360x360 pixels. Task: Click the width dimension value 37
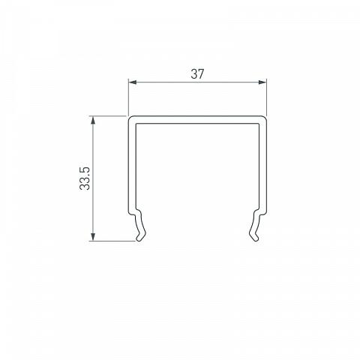(x=197, y=74)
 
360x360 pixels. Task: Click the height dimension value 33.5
(x=85, y=178)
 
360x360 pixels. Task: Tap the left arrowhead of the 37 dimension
(x=133, y=82)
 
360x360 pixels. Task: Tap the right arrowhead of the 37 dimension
(x=262, y=82)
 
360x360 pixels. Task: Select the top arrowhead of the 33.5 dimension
(x=93, y=120)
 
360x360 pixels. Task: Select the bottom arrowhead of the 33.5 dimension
(x=93, y=237)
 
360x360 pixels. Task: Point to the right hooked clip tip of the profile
(x=255, y=238)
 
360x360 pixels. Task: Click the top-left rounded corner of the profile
(x=130, y=118)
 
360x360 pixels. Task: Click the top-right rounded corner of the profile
(x=264, y=118)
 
